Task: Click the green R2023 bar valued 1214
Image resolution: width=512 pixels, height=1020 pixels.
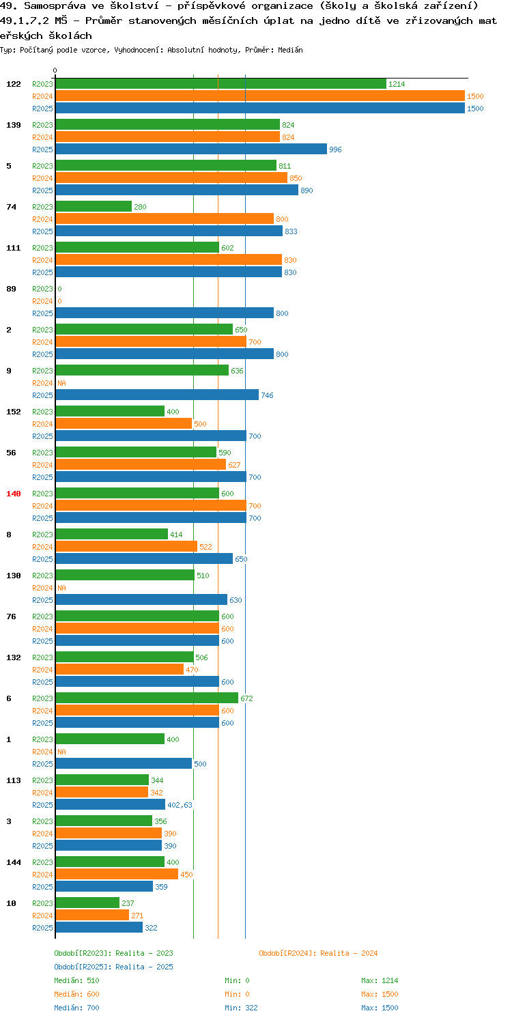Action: pyautogui.click(x=221, y=84)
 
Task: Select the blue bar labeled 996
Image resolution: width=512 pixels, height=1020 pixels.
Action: pyautogui.click(x=191, y=150)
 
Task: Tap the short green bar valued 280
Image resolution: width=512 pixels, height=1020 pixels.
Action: pyautogui.click(x=94, y=207)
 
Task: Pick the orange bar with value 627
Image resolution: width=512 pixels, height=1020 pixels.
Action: pyautogui.click(x=141, y=465)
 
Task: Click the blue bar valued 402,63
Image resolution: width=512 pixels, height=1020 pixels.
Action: pyautogui.click(x=110, y=805)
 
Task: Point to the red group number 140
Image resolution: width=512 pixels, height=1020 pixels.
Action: pyautogui.click(x=14, y=494)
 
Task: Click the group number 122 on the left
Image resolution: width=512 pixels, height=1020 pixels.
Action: pyautogui.click(x=14, y=84)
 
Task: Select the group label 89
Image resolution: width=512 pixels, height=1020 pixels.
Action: pyautogui.click(x=11, y=289)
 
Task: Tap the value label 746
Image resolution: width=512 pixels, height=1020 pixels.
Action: pyautogui.click(x=267, y=395)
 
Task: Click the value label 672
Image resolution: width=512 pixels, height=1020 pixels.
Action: pyautogui.click(x=246, y=698)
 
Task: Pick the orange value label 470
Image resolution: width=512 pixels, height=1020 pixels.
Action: pyautogui.click(x=192, y=670)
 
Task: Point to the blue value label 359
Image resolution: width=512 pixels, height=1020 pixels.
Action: pyautogui.click(x=161, y=887)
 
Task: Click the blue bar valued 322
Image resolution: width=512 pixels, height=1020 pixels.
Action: pyautogui.click(x=99, y=928)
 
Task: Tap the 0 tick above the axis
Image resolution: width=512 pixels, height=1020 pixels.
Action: pyautogui.click(x=55, y=70)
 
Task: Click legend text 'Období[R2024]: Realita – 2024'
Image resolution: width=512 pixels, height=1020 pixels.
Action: pyautogui.click(x=318, y=953)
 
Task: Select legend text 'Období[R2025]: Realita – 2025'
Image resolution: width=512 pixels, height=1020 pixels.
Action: pyautogui.click(x=113, y=967)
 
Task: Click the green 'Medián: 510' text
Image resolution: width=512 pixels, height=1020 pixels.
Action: pyautogui.click(x=76, y=980)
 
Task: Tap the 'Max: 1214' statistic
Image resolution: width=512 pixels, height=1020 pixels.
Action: pyautogui.click(x=380, y=980)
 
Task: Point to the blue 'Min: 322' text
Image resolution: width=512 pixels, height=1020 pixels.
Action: pyautogui.click(x=241, y=1008)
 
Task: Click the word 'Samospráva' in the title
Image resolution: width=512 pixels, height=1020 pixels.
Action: pyautogui.click(x=55, y=6)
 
